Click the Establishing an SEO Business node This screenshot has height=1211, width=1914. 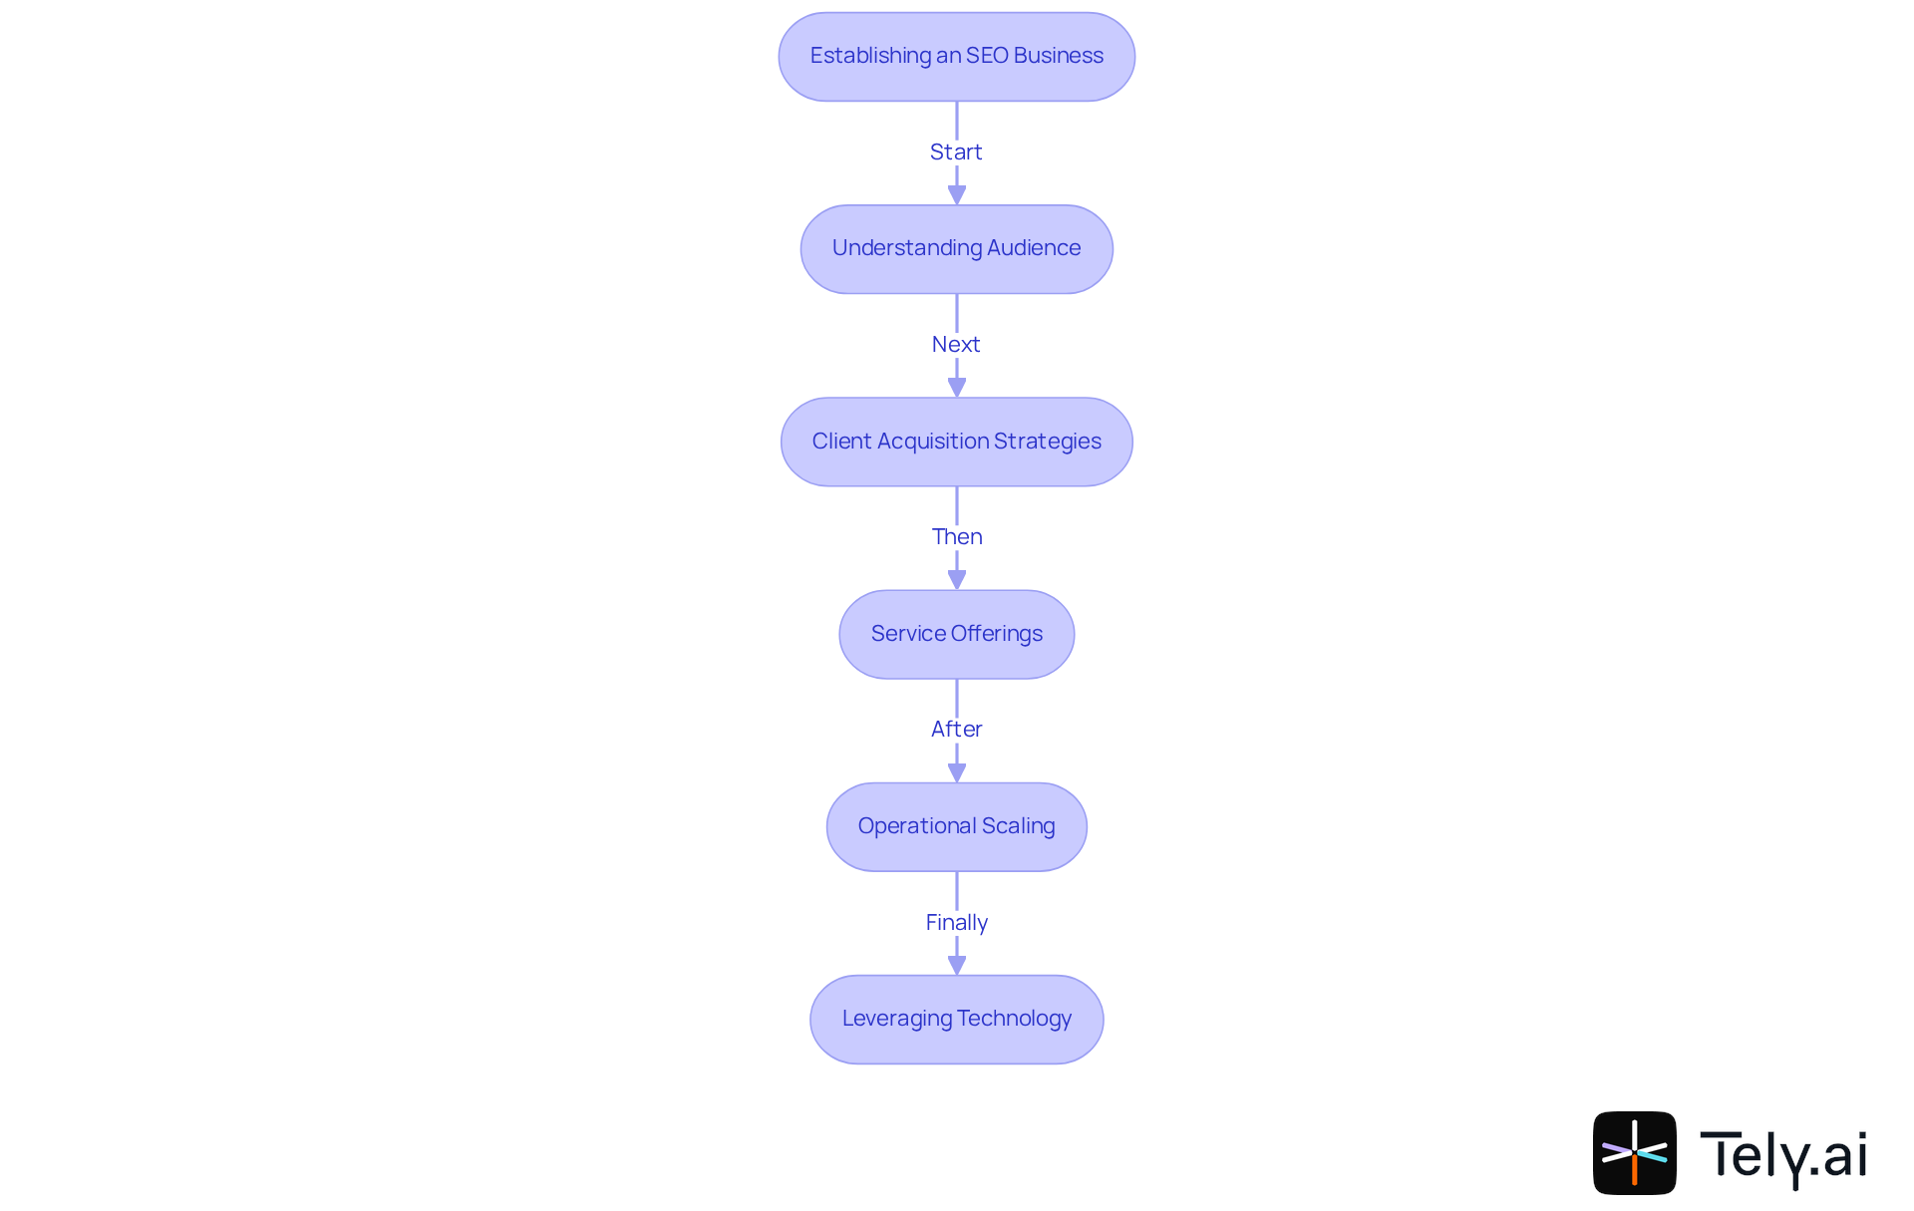coord(956,57)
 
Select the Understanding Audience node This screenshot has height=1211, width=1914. coord(956,249)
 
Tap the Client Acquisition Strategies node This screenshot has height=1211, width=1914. coord(956,442)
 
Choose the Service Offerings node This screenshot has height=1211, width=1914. coord(956,634)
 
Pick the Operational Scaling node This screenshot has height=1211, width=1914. coord(956,826)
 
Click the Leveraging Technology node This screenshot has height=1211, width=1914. coord(956,1019)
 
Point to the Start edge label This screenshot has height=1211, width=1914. coord(956,151)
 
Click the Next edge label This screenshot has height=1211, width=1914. coord(956,344)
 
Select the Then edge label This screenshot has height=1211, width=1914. coord(957,536)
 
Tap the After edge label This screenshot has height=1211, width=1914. coord(956,729)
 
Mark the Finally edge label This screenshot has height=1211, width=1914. coord(956,922)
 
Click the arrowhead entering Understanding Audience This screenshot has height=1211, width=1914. coord(957,194)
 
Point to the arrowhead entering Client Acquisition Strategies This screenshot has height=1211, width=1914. coord(957,387)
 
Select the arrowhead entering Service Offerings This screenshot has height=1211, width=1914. coord(957,579)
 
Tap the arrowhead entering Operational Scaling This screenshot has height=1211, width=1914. coord(957,771)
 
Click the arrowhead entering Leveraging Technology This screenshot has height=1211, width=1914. coord(957,964)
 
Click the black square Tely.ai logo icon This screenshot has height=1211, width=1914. coord(1634,1152)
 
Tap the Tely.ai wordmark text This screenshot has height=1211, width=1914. coord(1782,1155)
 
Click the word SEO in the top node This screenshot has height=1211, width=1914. coord(987,56)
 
